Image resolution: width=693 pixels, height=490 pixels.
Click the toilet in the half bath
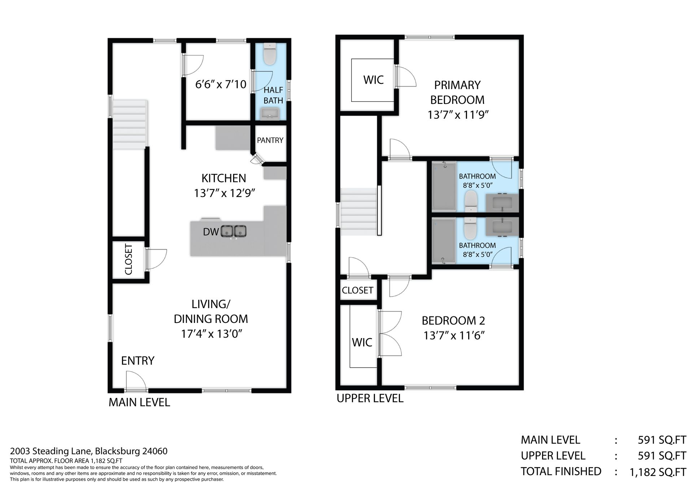(x=269, y=54)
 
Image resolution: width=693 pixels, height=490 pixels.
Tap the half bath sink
(x=270, y=114)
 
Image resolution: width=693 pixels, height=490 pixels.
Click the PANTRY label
(x=270, y=140)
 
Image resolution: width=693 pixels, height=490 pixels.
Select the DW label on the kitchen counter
(x=211, y=232)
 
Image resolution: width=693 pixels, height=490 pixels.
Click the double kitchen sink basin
(x=234, y=231)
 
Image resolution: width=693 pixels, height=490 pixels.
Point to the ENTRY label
(x=138, y=360)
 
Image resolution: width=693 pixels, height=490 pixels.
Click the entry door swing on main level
(x=136, y=381)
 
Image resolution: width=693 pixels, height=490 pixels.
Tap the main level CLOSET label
(x=128, y=259)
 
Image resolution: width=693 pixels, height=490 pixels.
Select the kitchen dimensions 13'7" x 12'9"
(x=225, y=193)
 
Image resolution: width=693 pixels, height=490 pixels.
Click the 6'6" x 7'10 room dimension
(x=221, y=84)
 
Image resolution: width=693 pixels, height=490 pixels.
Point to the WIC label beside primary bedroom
(x=373, y=80)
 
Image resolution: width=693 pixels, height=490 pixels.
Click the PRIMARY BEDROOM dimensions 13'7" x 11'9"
(x=458, y=115)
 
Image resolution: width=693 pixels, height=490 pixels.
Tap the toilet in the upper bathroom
(x=470, y=201)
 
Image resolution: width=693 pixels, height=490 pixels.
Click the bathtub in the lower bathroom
(x=444, y=241)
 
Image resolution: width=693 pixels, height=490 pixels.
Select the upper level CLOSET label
(x=357, y=290)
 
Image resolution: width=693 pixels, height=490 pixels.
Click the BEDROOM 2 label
(x=453, y=320)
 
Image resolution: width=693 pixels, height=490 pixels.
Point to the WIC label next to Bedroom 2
(x=362, y=342)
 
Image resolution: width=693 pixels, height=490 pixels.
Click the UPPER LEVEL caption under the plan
(x=370, y=398)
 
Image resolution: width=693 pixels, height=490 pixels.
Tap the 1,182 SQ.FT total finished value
(x=658, y=472)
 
